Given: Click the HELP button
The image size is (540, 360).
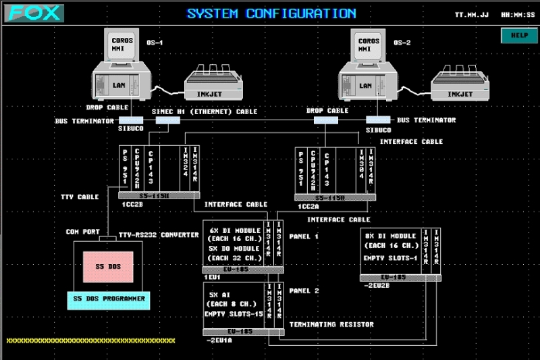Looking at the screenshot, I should [519, 35].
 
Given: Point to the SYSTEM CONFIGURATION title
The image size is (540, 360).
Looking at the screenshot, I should [271, 13].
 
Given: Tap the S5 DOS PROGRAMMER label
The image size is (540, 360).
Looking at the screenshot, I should [110, 298].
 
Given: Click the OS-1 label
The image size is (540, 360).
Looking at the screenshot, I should [155, 43].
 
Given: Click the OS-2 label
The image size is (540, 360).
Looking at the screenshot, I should [402, 43].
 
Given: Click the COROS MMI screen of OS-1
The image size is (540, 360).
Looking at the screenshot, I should [123, 45].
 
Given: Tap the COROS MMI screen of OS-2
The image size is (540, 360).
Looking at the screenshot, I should [369, 45].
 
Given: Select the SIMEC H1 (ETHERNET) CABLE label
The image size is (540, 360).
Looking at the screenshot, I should [205, 111].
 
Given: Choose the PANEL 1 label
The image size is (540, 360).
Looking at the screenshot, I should [304, 236].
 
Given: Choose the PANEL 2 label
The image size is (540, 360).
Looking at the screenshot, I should [304, 290].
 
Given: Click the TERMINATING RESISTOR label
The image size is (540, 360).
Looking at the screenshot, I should [331, 325].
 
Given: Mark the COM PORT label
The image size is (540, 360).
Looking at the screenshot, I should [82, 232].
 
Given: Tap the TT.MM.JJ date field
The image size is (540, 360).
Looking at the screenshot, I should [473, 14].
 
